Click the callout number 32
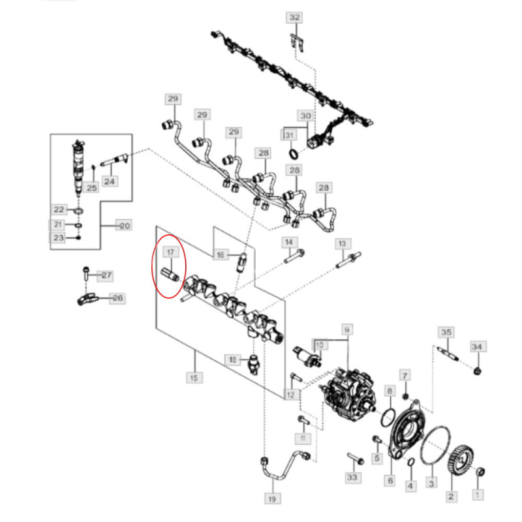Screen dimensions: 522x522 (x=295, y=18)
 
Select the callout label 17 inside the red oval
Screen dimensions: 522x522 (x=170, y=252)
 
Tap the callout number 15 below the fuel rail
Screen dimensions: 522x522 (x=195, y=377)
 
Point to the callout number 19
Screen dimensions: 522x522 (x=273, y=499)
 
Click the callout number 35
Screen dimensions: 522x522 (x=446, y=332)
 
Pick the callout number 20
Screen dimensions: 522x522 (x=123, y=226)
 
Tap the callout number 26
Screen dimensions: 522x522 (x=117, y=299)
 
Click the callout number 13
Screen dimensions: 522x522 (x=341, y=243)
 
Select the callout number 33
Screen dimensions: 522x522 (x=353, y=478)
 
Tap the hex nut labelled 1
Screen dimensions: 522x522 (x=478, y=471)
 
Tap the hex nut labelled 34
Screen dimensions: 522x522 (x=478, y=371)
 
